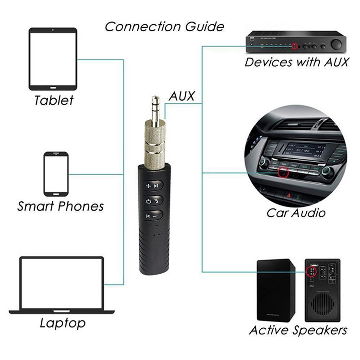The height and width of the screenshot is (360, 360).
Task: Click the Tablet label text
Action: (x=54, y=100)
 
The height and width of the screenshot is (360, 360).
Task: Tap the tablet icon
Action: (x=53, y=59)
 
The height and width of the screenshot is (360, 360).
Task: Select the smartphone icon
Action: (x=56, y=174)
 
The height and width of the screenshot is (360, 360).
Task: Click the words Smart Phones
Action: (x=60, y=206)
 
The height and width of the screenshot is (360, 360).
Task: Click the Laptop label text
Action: (x=63, y=323)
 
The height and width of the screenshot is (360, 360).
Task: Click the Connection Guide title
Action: (x=164, y=26)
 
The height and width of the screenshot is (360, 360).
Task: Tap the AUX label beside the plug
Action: (x=181, y=96)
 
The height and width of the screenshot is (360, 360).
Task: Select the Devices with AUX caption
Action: (x=297, y=62)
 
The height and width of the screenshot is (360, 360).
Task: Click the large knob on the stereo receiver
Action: (x=336, y=44)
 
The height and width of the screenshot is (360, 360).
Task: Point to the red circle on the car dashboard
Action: (x=284, y=173)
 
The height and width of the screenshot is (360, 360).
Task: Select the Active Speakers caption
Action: (x=298, y=330)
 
